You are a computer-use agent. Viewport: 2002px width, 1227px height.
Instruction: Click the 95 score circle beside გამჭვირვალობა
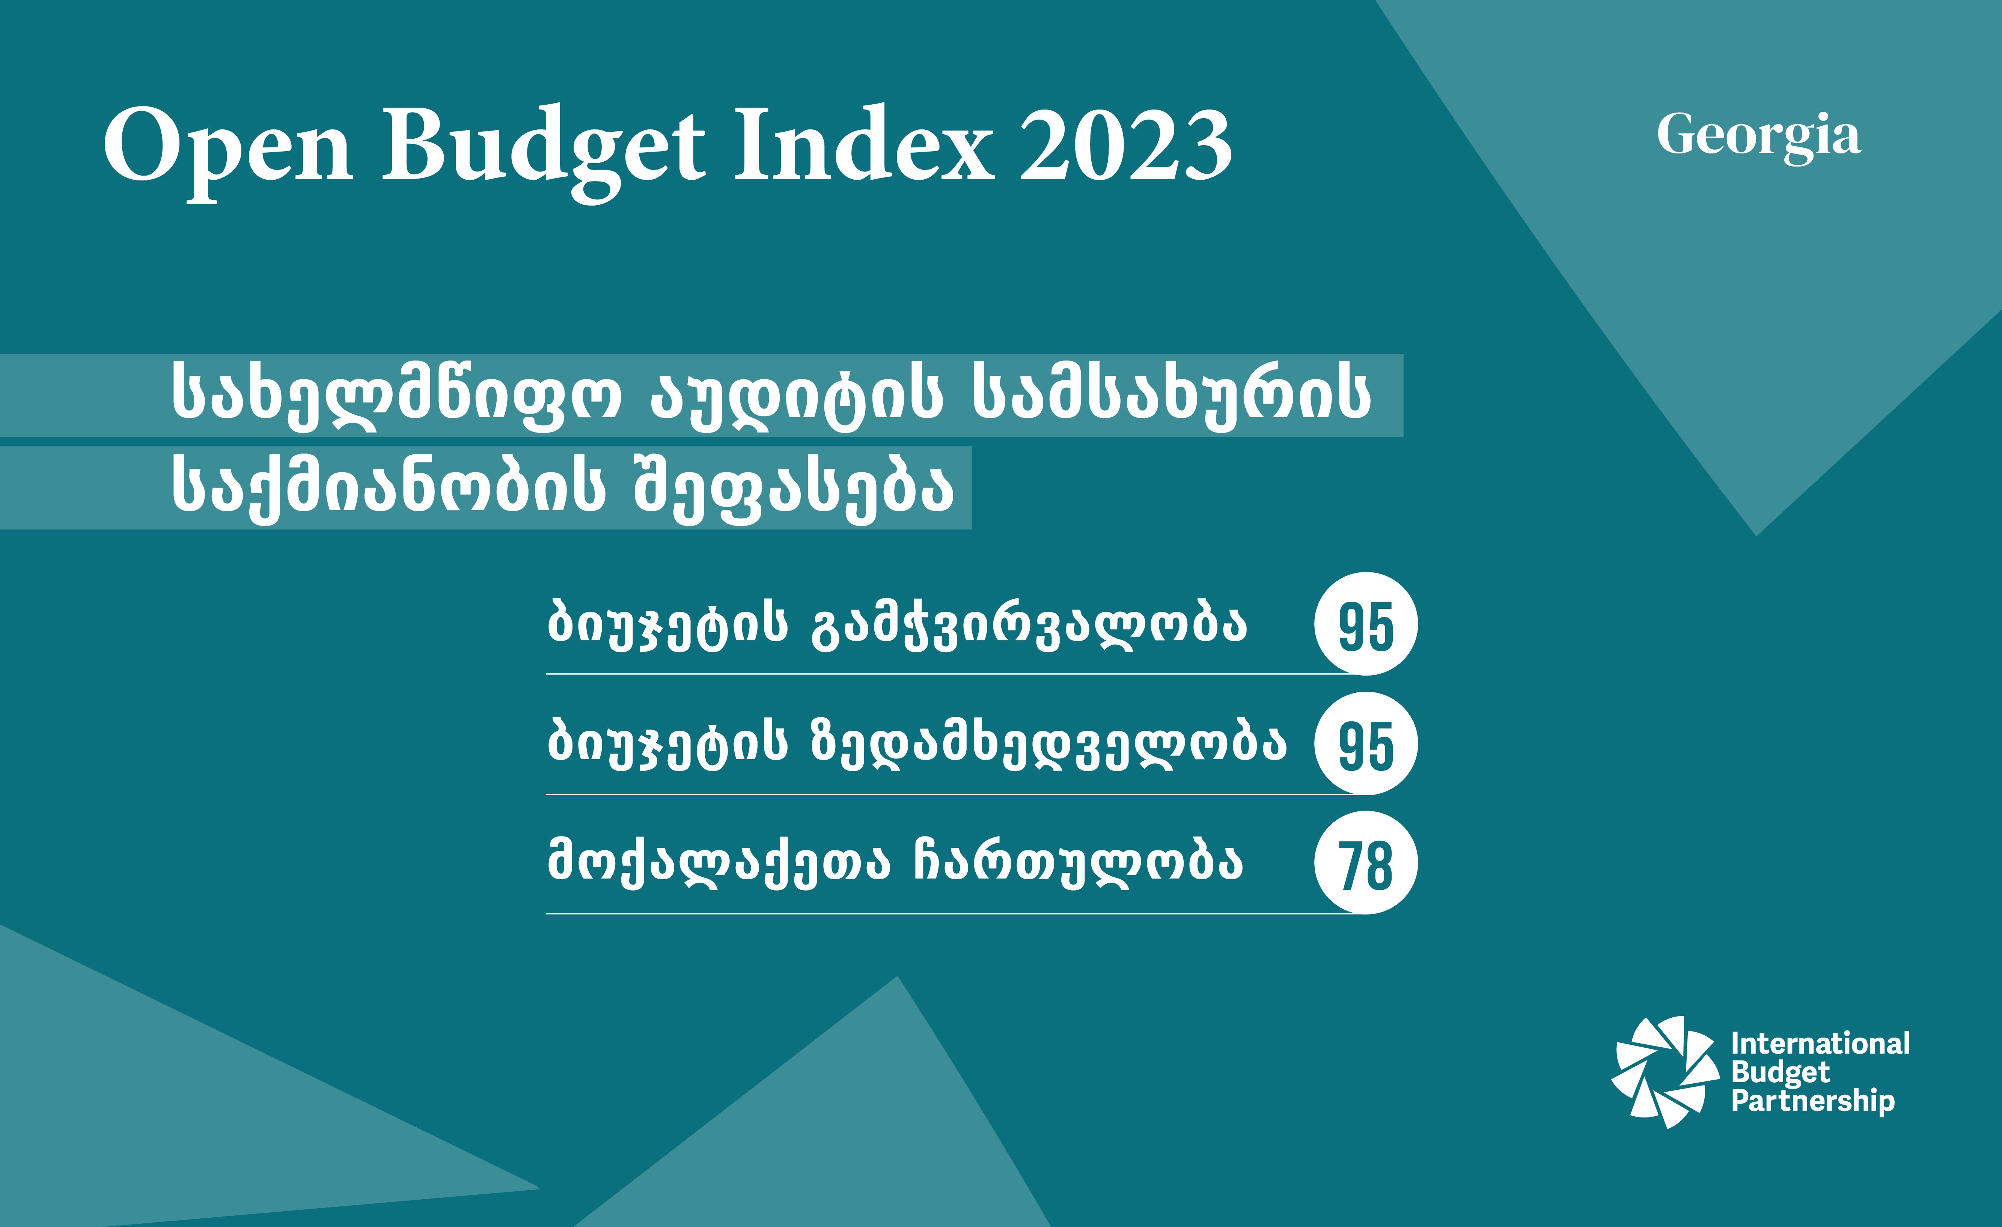coord(1366,624)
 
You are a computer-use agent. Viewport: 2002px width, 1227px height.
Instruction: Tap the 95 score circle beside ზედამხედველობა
coord(1366,743)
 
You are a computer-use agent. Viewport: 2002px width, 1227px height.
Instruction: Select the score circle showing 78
coord(1366,862)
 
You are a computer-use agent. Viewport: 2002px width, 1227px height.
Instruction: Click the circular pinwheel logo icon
coord(1666,1072)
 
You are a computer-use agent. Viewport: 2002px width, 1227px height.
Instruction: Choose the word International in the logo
coord(1820,1044)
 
